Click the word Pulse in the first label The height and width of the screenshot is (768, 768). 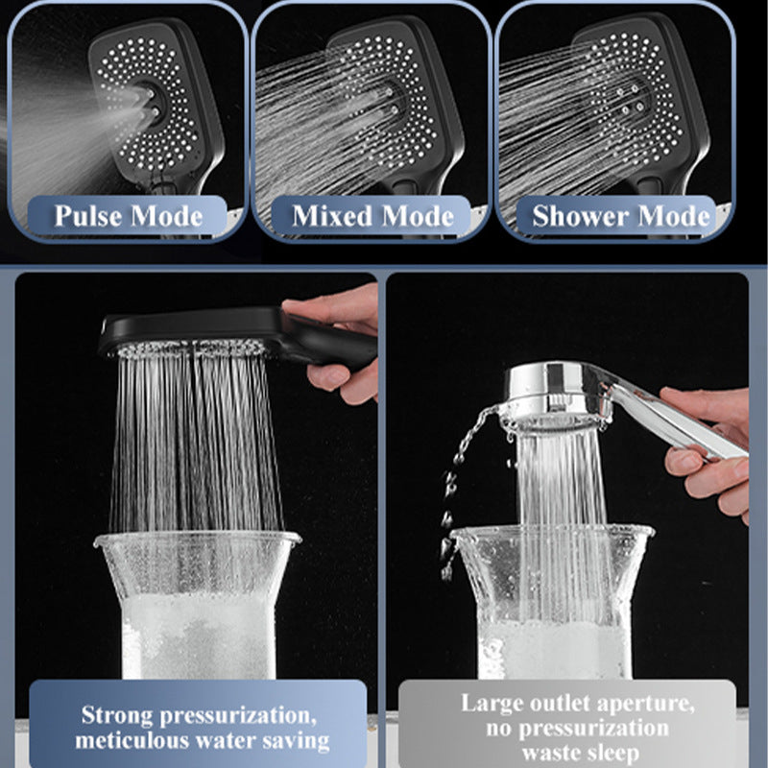[88, 216]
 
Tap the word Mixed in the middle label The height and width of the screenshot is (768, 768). [331, 216]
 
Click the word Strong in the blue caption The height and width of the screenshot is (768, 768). [118, 715]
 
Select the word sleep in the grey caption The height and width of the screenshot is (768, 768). [611, 754]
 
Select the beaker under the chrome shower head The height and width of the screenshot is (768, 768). [553, 603]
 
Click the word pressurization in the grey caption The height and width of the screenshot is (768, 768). [594, 729]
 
